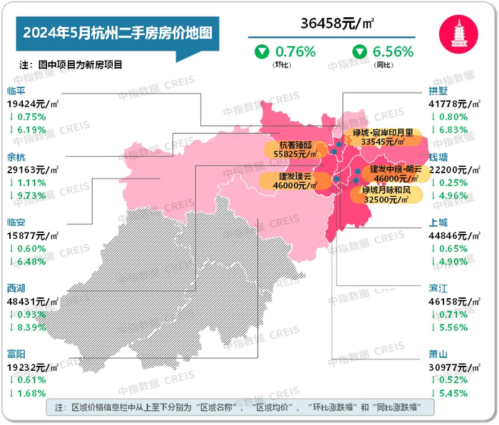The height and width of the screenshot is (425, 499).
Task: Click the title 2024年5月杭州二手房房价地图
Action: [x=118, y=32]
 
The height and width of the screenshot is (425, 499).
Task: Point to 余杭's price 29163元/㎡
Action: [x=32, y=170]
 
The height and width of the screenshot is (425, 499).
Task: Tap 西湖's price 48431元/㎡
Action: [x=32, y=300]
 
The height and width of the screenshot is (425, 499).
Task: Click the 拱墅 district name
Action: [x=438, y=91]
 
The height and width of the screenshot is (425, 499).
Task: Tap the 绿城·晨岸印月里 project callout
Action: [x=382, y=138]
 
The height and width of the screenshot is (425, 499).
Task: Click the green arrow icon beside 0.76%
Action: [x=262, y=51]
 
